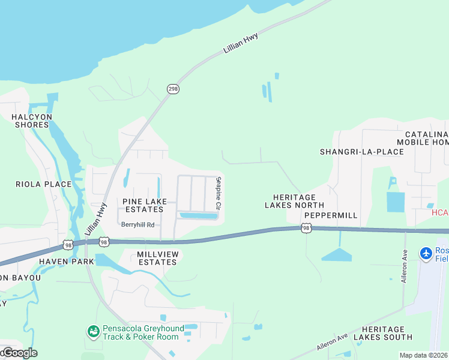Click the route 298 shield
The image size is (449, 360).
click(x=173, y=89)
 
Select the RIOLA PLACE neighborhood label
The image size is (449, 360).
click(x=35, y=184)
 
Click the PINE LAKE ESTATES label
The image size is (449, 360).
click(x=143, y=205)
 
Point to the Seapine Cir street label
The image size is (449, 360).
click(x=219, y=193)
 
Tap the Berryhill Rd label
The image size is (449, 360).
click(x=138, y=225)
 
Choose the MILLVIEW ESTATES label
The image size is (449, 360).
click(x=158, y=259)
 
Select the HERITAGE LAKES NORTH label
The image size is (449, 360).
click(x=294, y=201)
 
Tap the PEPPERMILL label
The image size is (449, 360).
click(x=331, y=215)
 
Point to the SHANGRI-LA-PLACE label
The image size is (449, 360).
click(x=362, y=152)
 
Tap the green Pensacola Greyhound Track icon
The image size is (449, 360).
click(x=93, y=332)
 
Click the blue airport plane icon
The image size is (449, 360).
click(x=426, y=253)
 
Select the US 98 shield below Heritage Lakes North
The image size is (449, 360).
click(x=307, y=228)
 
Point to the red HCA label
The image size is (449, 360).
click(x=440, y=213)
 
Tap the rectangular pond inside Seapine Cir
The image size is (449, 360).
click(x=197, y=215)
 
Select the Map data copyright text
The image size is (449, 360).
click(x=424, y=355)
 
